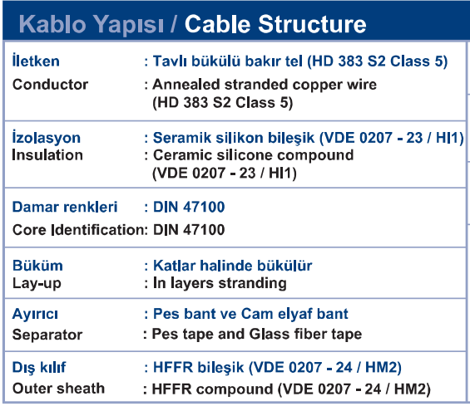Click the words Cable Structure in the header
click(275, 24)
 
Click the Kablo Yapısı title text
click(92, 25)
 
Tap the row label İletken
click(36, 61)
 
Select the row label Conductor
click(50, 85)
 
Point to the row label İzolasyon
click(46, 138)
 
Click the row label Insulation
click(47, 155)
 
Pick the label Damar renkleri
click(65, 207)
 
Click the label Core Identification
click(78, 230)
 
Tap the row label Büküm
click(37, 266)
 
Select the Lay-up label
click(37, 283)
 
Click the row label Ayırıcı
click(35, 314)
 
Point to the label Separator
click(47, 335)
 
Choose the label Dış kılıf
click(39, 368)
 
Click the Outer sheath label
click(58, 389)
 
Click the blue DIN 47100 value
click(189, 207)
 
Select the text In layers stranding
click(220, 283)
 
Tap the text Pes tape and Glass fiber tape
click(257, 335)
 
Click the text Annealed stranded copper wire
click(265, 85)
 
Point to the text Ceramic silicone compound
click(253, 155)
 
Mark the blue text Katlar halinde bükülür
click(233, 266)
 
